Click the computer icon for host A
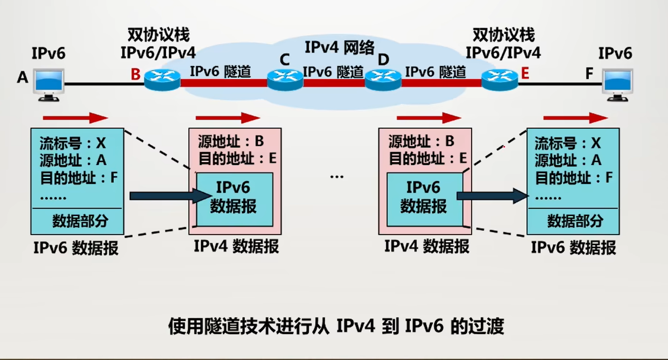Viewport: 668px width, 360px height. point(49,84)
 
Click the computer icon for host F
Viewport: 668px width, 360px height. point(617,84)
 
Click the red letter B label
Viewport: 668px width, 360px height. point(136,74)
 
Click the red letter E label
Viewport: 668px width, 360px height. point(525,74)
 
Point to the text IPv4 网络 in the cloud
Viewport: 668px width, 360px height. point(340,48)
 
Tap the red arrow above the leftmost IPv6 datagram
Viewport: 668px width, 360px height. point(75,118)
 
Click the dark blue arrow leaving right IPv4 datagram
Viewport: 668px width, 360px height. point(492,196)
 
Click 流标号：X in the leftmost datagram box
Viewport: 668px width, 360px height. point(73,143)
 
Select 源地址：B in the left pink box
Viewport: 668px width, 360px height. point(231,141)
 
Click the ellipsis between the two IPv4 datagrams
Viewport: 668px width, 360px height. point(337,176)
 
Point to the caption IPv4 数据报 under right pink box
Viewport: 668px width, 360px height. point(427,246)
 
